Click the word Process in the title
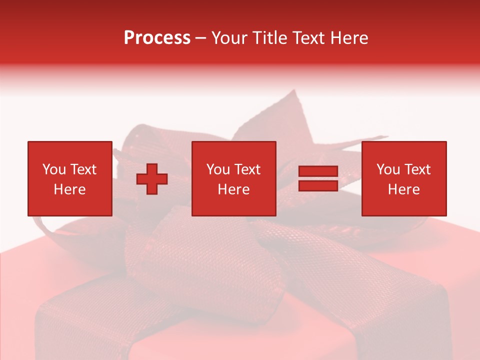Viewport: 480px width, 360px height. [157, 38]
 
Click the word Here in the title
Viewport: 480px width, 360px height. [349, 38]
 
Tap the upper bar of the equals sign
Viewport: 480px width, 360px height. [318, 171]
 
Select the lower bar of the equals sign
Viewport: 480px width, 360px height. [318, 185]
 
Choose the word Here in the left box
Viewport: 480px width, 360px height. [69, 189]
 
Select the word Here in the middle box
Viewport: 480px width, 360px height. [233, 189]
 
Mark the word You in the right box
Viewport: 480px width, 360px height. [388, 169]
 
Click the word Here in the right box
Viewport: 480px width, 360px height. [403, 189]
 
